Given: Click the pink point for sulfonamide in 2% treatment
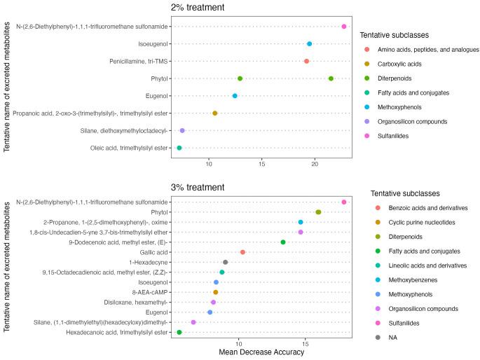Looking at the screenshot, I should coord(344,27).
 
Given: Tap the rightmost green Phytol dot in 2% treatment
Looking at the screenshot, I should coord(331,78).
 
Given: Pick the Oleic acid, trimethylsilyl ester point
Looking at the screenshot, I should coord(179,148).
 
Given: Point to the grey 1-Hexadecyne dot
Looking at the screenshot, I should coord(225,262).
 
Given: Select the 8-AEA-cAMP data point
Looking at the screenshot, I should coord(216,292).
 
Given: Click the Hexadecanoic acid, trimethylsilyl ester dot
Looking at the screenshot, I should coord(179,333).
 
